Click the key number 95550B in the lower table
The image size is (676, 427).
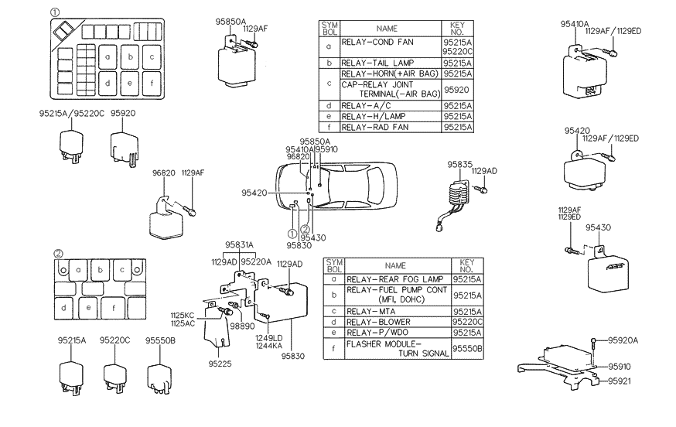point(468,348)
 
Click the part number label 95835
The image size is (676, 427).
point(459,164)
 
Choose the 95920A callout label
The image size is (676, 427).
point(626,339)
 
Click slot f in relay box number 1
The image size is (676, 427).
point(152,83)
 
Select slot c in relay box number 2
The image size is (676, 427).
point(122,271)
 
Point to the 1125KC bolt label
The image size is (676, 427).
point(183,316)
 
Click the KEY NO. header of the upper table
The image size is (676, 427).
point(456,30)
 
